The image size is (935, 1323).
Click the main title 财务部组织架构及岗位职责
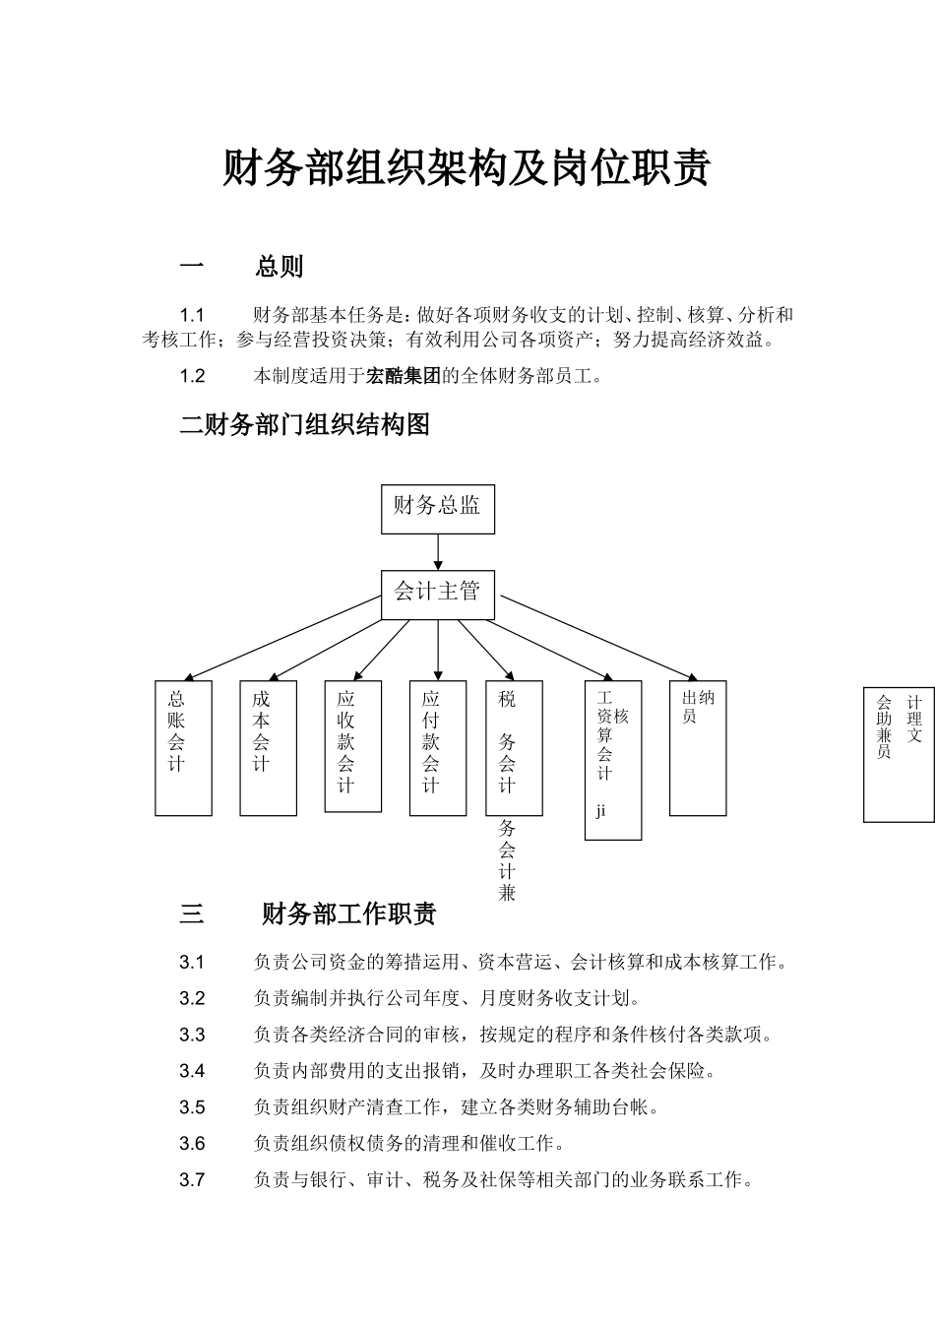click(x=466, y=167)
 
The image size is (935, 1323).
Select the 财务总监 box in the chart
click(x=438, y=509)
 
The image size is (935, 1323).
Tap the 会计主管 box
click(x=438, y=595)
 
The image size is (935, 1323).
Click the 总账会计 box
click(x=183, y=748)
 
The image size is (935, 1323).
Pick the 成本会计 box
click(x=268, y=748)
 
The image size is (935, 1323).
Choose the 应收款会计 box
click(x=353, y=746)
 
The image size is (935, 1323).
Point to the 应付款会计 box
click(x=438, y=748)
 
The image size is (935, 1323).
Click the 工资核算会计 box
click(x=613, y=760)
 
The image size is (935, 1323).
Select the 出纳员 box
click(x=698, y=748)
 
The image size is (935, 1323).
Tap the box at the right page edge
click(x=899, y=755)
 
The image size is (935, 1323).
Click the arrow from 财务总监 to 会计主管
click(x=438, y=552)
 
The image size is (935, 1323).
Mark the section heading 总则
click(x=280, y=267)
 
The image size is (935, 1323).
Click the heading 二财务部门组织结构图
click(x=305, y=424)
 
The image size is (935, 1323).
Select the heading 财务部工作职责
click(x=349, y=913)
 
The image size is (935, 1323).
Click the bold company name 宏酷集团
click(x=404, y=376)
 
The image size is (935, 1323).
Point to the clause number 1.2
click(x=192, y=376)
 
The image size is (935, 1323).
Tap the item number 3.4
click(x=192, y=1071)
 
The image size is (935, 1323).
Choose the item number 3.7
click(x=192, y=1180)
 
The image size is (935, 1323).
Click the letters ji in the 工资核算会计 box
click(x=600, y=811)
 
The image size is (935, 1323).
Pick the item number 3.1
click(x=192, y=962)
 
